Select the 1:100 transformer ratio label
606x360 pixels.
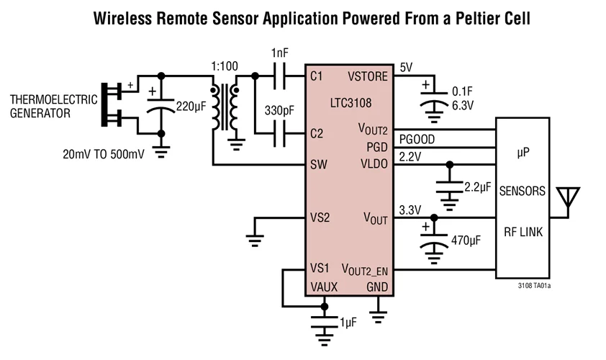point(223,67)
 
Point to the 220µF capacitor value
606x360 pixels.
point(191,107)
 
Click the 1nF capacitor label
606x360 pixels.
point(280,53)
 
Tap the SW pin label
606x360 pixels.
point(319,165)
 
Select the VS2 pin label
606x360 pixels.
point(320,217)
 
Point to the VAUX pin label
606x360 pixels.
point(325,287)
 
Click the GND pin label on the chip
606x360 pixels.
point(376,287)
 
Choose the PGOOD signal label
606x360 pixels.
point(417,138)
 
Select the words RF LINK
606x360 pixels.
point(523,232)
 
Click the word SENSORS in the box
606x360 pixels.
point(522,192)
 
